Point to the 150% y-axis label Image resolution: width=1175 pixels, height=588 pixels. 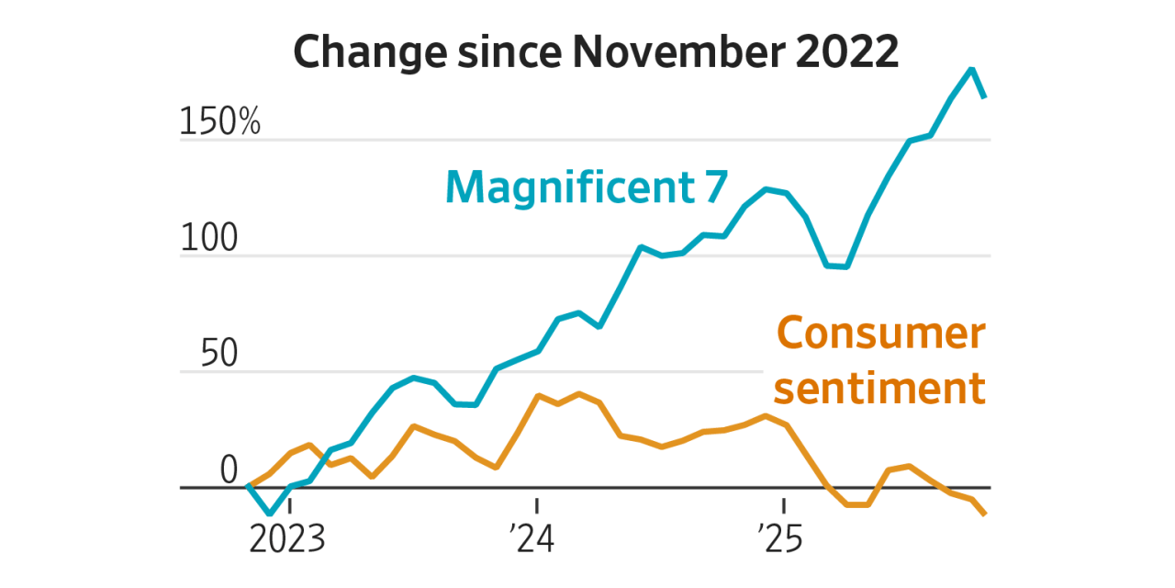tap(220, 122)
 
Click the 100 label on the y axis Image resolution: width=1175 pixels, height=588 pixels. tap(209, 239)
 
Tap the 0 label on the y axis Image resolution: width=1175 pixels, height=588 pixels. tap(229, 471)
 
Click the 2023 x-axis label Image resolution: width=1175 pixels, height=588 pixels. tap(287, 539)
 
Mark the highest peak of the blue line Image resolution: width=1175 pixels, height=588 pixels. tap(971, 69)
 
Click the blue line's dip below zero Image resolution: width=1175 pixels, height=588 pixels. tap(269, 513)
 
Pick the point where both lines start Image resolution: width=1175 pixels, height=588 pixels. tap(249, 485)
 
